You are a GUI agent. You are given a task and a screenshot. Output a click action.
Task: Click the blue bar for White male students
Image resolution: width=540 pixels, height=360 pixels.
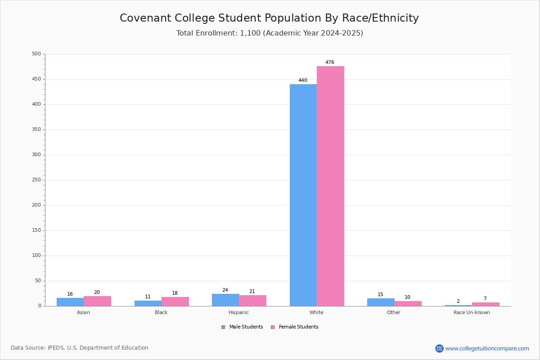tap(303, 195)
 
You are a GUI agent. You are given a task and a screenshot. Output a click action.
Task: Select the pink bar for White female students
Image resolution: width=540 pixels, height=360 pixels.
tap(330, 186)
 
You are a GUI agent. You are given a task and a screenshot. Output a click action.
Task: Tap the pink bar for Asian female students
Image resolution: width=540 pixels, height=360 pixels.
tap(97, 301)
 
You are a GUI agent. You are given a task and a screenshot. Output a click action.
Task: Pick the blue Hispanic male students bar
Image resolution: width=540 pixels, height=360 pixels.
tap(225, 300)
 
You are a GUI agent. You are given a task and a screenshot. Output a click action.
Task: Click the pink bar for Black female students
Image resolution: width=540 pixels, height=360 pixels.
tap(175, 301)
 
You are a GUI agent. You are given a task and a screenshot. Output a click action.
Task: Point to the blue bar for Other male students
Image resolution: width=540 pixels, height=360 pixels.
tap(381, 302)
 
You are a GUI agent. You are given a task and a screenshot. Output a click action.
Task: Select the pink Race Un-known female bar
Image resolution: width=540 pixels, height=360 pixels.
tap(486, 304)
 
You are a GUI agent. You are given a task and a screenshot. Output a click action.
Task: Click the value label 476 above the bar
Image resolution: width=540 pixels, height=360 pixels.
tap(330, 62)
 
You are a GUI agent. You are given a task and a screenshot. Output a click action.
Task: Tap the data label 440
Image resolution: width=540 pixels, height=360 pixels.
tap(303, 80)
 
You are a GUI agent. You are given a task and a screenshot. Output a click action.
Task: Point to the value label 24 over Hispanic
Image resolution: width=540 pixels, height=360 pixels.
tap(225, 290)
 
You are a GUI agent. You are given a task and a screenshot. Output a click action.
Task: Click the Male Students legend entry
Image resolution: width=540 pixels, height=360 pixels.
tap(242, 327)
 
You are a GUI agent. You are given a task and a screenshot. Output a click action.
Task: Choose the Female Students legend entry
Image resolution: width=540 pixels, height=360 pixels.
tap(295, 327)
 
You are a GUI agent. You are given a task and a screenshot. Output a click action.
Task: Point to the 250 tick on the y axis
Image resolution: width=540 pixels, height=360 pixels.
tap(36, 180)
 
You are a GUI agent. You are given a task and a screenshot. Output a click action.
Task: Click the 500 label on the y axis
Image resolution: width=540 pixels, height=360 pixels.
tap(36, 54)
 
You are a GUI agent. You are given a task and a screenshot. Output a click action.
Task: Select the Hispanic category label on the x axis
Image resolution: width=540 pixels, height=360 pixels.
tap(238, 312)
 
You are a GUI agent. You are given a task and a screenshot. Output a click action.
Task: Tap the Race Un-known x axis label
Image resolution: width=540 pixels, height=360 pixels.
tap(472, 312)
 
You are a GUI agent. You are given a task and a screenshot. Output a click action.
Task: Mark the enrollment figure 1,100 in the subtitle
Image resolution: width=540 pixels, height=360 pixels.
tap(250, 33)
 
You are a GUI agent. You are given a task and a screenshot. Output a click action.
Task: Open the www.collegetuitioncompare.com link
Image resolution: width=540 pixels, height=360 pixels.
tap(487, 348)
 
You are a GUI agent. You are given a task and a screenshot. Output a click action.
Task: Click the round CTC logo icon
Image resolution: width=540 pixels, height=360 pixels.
tap(440, 348)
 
